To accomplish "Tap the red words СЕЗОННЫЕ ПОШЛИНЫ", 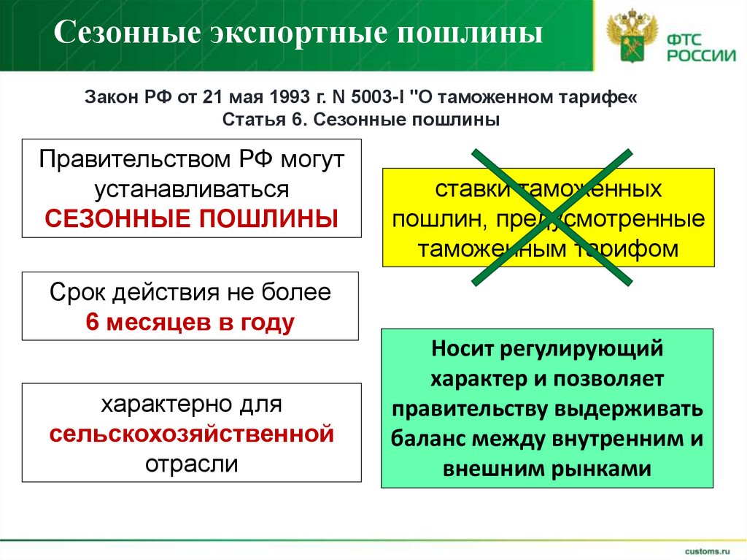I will click(x=192, y=217).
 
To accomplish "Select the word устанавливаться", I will click(x=192, y=188).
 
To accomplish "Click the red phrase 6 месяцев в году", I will click(x=190, y=322).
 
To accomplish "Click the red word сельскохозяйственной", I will click(x=192, y=434).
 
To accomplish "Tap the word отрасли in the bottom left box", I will click(x=192, y=464).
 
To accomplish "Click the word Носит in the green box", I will click(x=463, y=348).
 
